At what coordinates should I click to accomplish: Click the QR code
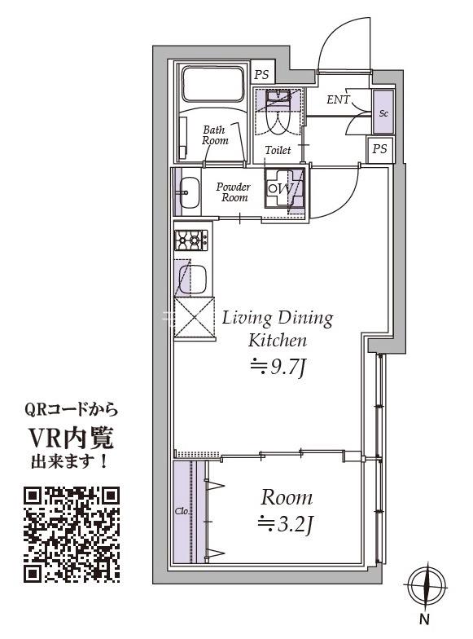point(72,534)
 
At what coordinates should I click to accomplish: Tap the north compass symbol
point(427,588)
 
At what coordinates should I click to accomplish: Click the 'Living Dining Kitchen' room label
point(278,328)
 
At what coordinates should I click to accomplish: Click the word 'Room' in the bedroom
point(286,497)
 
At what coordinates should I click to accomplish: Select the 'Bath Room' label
point(215,134)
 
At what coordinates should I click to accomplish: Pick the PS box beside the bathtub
point(261,74)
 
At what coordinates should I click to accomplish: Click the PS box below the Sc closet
point(379,149)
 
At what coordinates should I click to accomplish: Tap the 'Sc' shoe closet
point(383,112)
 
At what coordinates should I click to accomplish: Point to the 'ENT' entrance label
point(338,100)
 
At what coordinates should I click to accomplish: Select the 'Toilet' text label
point(278,151)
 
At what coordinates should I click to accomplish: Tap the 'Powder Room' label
point(233,192)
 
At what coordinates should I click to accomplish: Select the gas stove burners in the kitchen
point(191,240)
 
